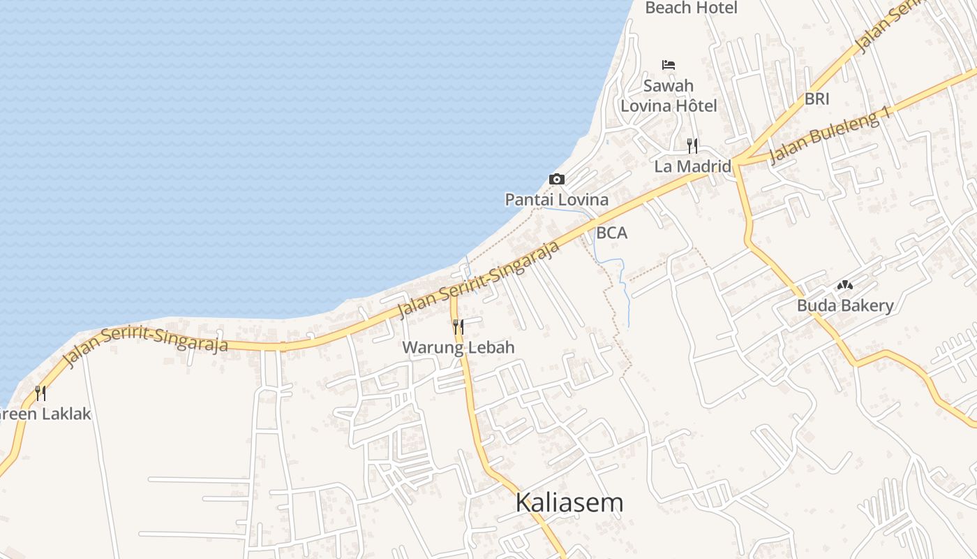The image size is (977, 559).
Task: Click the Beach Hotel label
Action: [x=691, y=8]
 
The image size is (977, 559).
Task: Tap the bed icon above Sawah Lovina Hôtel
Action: [x=669, y=65]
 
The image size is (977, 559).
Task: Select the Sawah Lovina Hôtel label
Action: [x=669, y=96]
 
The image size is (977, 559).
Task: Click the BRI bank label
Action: [x=816, y=99]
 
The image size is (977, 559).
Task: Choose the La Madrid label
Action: [x=692, y=166]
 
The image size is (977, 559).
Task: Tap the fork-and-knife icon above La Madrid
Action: [x=692, y=145]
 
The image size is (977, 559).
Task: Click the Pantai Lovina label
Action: [x=557, y=200]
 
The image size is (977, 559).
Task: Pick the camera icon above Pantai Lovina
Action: [x=557, y=179]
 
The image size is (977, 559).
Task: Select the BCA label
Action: [x=612, y=233]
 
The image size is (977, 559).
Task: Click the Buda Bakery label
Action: [x=845, y=305]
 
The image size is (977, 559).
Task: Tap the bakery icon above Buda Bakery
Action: [x=845, y=285]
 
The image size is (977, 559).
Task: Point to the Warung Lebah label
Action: [x=458, y=347]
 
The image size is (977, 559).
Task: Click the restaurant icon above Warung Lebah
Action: [x=458, y=326]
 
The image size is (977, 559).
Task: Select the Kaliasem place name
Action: [x=569, y=502]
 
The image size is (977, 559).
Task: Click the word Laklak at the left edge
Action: [x=67, y=414]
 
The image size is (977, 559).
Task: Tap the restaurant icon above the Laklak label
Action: [x=40, y=393]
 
